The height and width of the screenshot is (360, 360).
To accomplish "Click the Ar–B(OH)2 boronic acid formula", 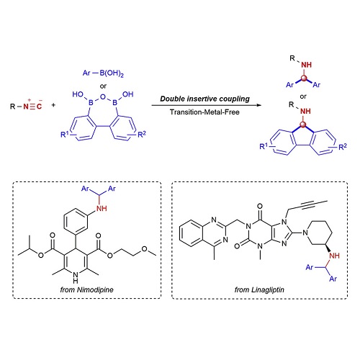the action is pyautogui.click(x=103, y=73).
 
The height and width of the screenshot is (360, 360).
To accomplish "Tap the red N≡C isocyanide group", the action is pyautogui.click(x=32, y=106).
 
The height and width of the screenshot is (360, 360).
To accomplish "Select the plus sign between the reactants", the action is pyautogui.click(x=53, y=105).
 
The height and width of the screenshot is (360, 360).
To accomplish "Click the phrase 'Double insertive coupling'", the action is pyautogui.click(x=204, y=99).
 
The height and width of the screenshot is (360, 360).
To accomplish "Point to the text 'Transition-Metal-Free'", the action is pyautogui.click(x=204, y=112).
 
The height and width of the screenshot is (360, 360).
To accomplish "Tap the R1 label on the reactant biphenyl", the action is pyautogui.click(x=65, y=134).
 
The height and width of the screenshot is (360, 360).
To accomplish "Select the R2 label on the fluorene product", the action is pyautogui.click(x=343, y=147).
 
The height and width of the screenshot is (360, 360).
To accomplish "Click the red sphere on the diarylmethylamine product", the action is pyautogui.click(x=304, y=78).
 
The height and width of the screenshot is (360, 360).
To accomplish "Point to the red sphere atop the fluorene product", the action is pyautogui.click(x=303, y=125).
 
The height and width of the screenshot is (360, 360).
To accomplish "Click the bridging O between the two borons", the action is pyautogui.click(x=103, y=96).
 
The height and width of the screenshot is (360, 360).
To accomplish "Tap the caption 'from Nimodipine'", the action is pyautogui.click(x=86, y=289).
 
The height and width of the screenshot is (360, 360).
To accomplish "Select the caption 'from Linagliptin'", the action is pyautogui.click(x=259, y=289).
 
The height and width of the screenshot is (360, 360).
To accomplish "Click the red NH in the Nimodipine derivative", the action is pyautogui.click(x=102, y=208).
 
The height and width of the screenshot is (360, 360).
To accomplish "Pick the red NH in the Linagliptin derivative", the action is pyautogui.click(x=334, y=256).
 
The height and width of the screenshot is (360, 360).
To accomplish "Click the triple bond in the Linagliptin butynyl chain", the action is pyautogui.click(x=307, y=204).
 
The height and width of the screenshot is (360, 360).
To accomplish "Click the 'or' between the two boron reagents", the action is pyautogui.click(x=103, y=86).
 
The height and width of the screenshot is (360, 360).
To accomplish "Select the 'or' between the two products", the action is pyautogui.click(x=303, y=96).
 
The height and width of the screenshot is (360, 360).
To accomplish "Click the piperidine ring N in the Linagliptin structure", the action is pyautogui.click(x=305, y=233).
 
